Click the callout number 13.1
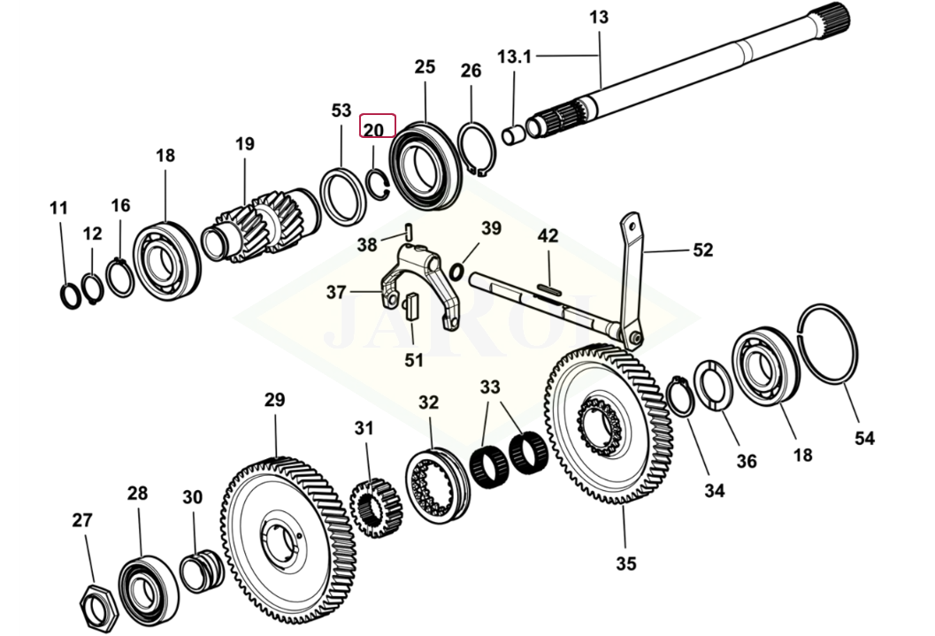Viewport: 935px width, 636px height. click(514, 57)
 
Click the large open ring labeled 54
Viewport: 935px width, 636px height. click(828, 344)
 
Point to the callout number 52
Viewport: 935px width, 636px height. click(702, 250)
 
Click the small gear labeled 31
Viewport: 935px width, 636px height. click(376, 510)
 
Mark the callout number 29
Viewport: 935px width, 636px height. click(274, 400)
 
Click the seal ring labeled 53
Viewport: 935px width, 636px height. click(341, 195)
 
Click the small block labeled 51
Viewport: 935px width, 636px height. click(410, 309)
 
